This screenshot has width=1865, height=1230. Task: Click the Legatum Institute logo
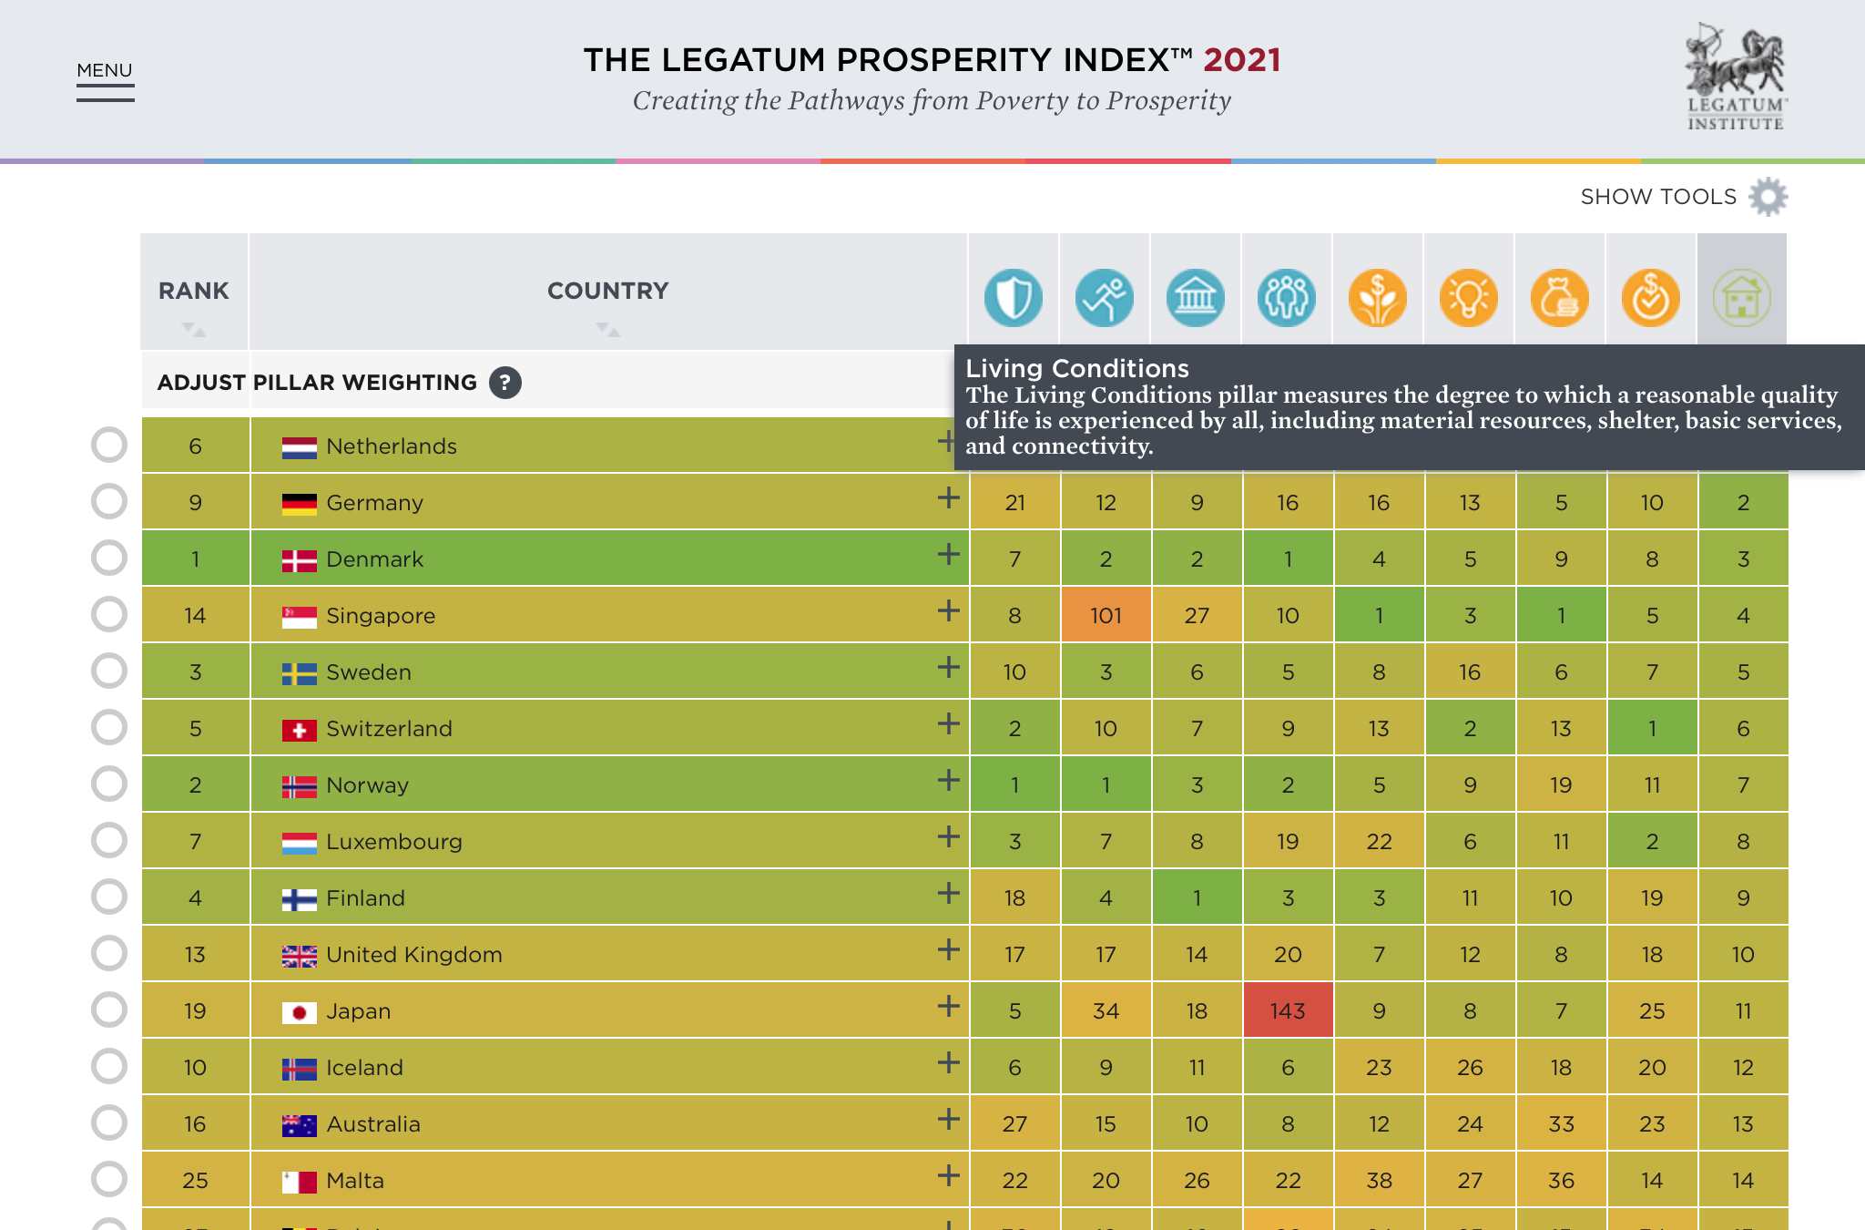coord(1736,78)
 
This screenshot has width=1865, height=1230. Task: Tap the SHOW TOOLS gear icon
coord(1768,197)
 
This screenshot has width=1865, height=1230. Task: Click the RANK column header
coord(194,292)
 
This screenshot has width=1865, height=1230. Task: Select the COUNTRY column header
coord(607,292)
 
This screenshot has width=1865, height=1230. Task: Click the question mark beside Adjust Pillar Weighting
coord(505,383)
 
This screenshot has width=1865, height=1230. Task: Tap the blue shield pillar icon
coord(1013,298)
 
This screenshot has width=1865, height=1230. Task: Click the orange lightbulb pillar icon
coord(1468,298)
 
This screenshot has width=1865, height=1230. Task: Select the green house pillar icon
coord(1741,298)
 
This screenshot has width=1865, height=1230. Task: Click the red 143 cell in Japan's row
coord(1288,1010)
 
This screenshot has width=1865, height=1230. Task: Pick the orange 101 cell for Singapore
coord(1106,615)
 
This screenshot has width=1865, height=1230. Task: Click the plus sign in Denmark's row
coord(948,555)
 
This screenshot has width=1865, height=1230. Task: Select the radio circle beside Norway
coord(109,784)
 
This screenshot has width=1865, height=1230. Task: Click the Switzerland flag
coord(299,730)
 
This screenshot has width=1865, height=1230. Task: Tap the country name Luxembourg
coord(394,842)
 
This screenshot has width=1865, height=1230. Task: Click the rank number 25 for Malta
coord(195,1181)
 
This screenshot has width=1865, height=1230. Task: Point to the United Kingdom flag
coord(299,956)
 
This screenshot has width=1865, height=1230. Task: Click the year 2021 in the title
coord(1241,60)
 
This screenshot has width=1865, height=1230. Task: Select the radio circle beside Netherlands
coord(109,446)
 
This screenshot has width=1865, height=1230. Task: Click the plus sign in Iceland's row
coord(948,1063)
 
